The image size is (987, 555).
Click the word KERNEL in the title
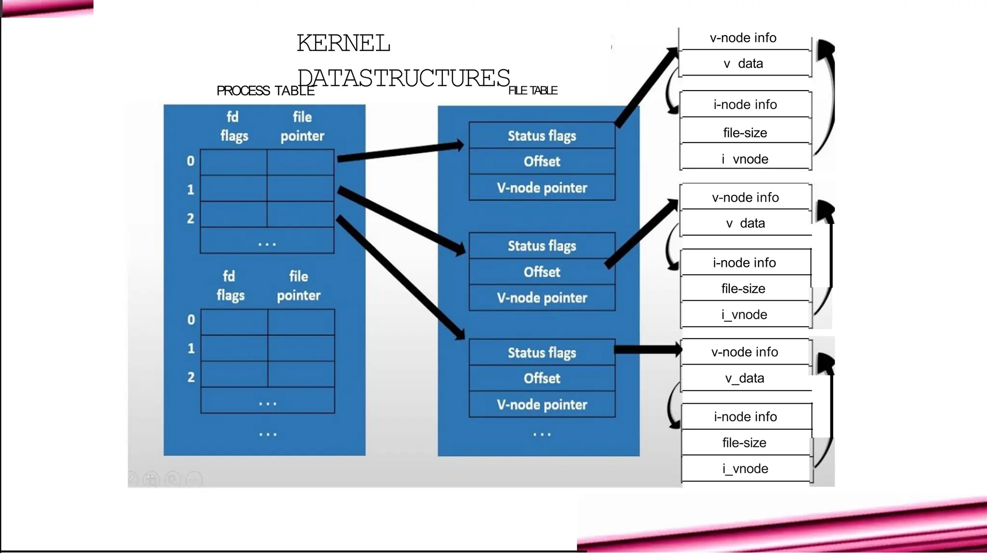pyautogui.click(x=343, y=43)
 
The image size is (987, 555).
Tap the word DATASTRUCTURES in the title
pyautogui.click(x=403, y=78)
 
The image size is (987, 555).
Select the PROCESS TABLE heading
pyautogui.click(x=265, y=91)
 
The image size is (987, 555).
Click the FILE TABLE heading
pyautogui.click(x=533, y=91)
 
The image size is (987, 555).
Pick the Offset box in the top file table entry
pyautogui.click(x=542, y=161)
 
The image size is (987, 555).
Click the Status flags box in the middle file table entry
pyautogui.click(x=542, y=246)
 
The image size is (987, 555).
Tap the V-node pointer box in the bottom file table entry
pyautogui.click(x=542, y=404)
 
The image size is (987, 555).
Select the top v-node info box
pyautogui.click(x=743, y=38)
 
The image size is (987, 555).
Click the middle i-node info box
pyautogui.click(x=745, y=263)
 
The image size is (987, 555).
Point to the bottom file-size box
pyautogui.click(x=745, y=442)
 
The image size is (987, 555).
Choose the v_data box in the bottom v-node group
pyautogui.click(x=745, y=378)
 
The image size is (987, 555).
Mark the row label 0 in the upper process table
pyautogui.click(x=191, y=161)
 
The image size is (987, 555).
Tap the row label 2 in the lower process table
pyautogui.click(x=191, y=377)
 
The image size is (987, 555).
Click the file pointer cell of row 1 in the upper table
pyautogui.click(x=300, y=188)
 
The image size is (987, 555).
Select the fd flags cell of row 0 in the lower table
pyautogui.click(x=234, y=322)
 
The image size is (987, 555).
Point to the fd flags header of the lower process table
pyautogui.click(x=230, y=285)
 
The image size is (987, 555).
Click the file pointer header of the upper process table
pyautogui.click(x=302, y=126)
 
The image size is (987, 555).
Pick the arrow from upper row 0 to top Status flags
pyautogui.click(x=400, y=151)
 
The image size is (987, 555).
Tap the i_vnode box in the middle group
pyautogui.click(x=745, y=315)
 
